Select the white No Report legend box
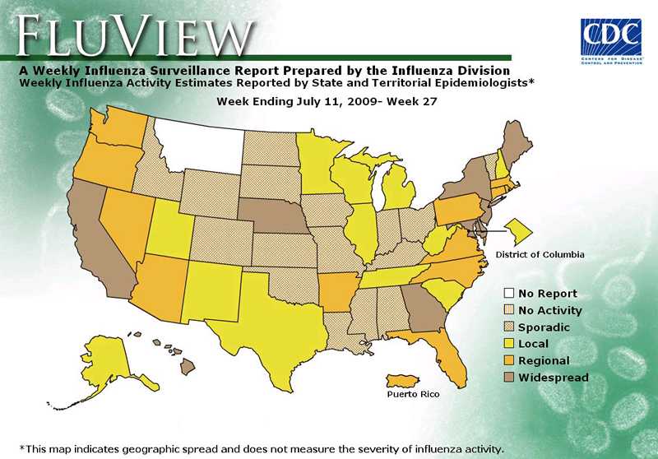click(510, 294)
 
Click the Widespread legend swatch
click(510, 378)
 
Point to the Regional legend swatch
click(510, 361)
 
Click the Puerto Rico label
click(413, 395)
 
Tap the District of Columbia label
click(540, 255)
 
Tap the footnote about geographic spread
click(260, 448)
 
